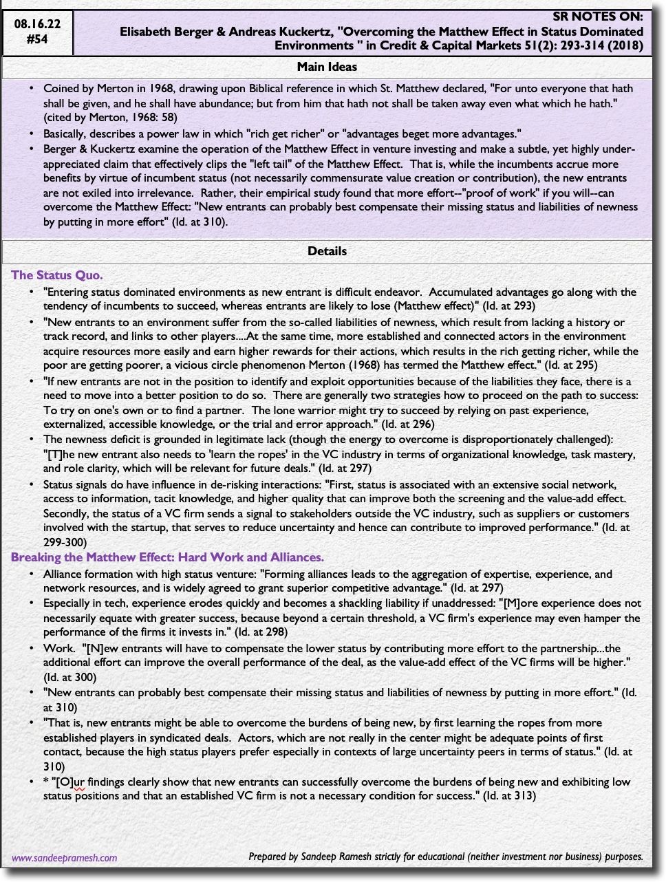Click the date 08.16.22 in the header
pyautogui.click(x=37, y=24)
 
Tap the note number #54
pyautogui.click(x=37, y=39)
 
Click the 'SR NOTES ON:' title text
pyautogui.click(x=598, y=17)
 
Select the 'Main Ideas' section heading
pyautogui.click(x=327, y=67)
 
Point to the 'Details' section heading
pyautogui.click(x=327, y=251)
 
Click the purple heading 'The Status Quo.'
pyautogui.click(x=57, y=275)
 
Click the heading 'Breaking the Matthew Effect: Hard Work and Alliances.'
pyautogui.click(x=167, y=557)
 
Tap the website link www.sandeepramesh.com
pyautogui.click(x=65, y=858)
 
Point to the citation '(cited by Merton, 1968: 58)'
pyautogui.click(x=110, y=118)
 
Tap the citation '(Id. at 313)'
pyautogui.click(x=509, y=796)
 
